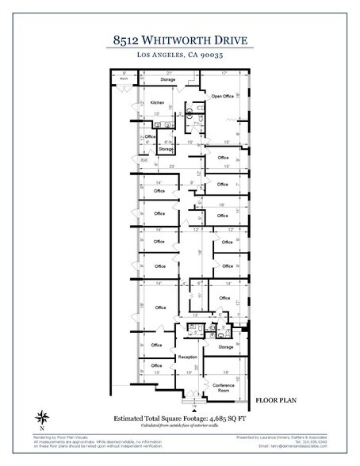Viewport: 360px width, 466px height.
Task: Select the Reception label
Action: click(x=187, y=357)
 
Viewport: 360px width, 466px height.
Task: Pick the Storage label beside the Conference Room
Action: click(x=226, y=346)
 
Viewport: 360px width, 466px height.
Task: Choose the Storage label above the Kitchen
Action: click(x=167, y=79)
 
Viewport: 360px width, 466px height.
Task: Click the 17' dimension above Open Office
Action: click(x=225, y=73)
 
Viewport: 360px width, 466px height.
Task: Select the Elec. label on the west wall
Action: click(x=144, y=161)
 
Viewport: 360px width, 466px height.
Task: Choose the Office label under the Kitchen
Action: click(x=150, y=136)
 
